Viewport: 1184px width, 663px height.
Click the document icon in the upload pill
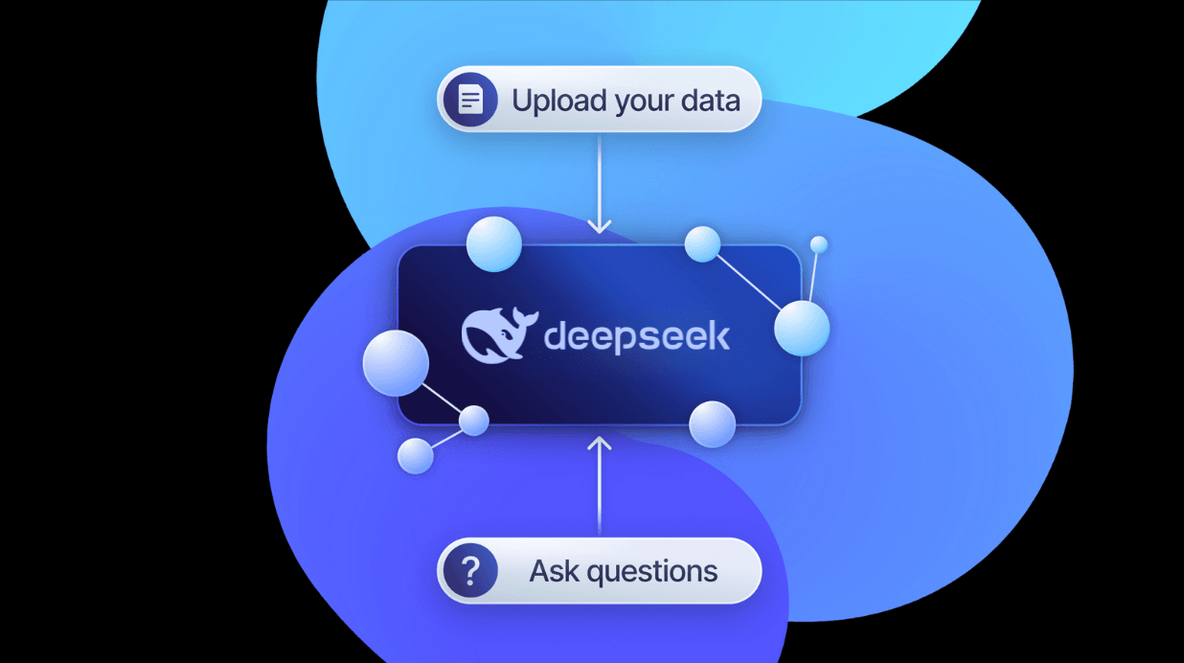click(470, 99)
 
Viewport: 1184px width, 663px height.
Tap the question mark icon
click(469, 571)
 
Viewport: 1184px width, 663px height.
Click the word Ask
click(555, 572)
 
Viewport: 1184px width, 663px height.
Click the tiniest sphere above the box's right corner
click(818, 245)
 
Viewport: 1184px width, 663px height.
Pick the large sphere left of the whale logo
click(395, 362)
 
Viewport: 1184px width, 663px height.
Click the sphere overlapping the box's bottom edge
click(712, 423)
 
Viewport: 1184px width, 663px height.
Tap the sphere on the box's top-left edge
click(493, 243)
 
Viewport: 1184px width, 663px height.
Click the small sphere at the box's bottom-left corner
click(473, 420)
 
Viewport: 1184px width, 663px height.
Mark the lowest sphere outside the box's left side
click(415, 455)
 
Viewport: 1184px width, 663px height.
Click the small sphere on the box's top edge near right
click(702, 244)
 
